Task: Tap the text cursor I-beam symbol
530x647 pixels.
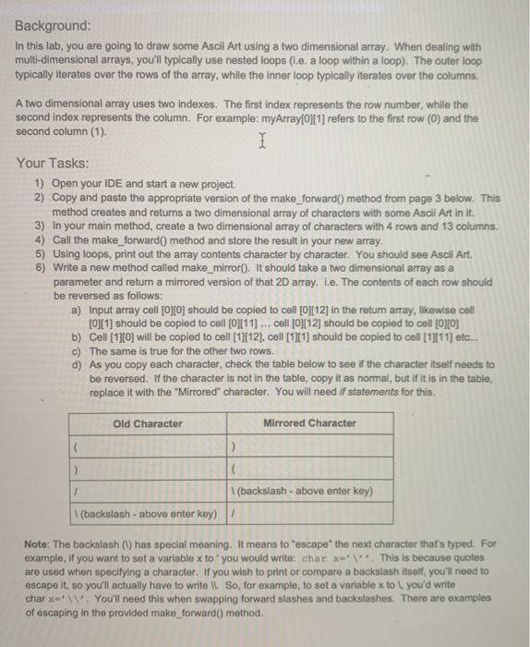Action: [263, 142]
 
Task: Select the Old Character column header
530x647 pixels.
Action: [147, 423]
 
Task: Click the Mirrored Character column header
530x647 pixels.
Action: [309, 423]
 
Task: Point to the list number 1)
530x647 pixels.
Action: [41, 184]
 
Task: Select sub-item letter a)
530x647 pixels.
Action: [76, 310]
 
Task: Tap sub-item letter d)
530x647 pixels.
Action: [76, 365]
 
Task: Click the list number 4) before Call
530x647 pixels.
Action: [41, 239]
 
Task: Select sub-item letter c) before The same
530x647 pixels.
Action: [76, 351]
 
